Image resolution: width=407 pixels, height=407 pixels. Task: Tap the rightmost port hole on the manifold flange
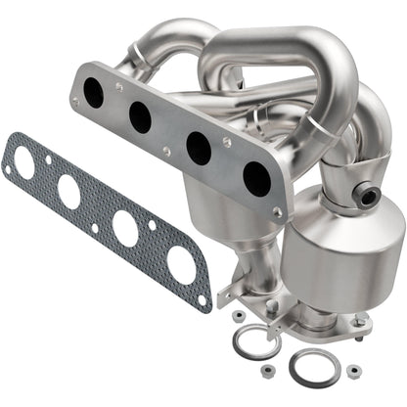pos(256,179)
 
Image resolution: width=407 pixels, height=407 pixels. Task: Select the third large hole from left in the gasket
pos(124,227)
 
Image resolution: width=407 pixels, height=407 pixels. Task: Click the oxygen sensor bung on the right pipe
pos(370,196)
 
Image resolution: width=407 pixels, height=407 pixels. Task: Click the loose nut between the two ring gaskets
pos(266,369)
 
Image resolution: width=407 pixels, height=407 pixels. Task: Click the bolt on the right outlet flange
pos(358,320)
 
